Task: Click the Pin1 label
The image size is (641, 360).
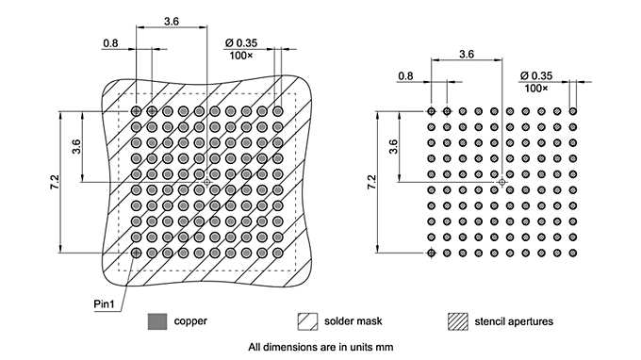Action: [105, 303]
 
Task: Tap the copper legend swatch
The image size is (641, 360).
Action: [156, 321]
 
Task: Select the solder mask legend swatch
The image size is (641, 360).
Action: [306, 321]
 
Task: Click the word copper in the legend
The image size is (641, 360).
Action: [190, 321]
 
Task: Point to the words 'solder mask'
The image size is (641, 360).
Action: [352, 321]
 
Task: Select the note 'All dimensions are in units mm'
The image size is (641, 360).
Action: [320, 347]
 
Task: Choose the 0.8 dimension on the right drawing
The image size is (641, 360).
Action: [406, 74]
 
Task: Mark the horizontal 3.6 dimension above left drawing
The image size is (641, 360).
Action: [172, 20]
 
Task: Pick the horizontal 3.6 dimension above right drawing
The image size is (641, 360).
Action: [466, 55]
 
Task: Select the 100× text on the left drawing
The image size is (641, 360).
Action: [241, 56]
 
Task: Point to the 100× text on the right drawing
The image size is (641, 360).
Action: [537, 88]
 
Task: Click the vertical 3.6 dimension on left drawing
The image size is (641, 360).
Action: [75, 146]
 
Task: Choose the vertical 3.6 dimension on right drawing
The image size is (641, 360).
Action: [394, 147]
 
